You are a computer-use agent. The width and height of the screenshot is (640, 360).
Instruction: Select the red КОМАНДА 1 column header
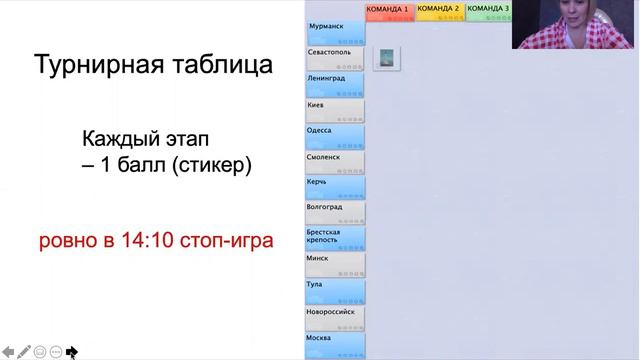(389, 10)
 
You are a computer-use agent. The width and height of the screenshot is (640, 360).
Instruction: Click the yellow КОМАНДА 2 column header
(439, 10)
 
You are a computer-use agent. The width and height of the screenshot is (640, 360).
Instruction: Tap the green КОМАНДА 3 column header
(489, 10)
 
